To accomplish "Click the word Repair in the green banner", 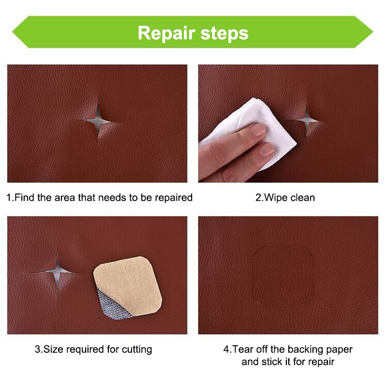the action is [x=166, y=33].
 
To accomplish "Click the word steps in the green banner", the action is [x=224, y=33].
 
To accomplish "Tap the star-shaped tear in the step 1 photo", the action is [x=98, y=120].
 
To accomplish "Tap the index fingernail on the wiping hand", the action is [x=258, y=129].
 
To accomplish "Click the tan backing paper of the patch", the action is [x=130, y=284].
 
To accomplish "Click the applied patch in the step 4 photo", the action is [x=283, y=276].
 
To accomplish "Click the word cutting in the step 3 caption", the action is [x=137, y=350].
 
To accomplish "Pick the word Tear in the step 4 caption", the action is [x=243, y=349].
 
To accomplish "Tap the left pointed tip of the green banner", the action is [x=13, y=32].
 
